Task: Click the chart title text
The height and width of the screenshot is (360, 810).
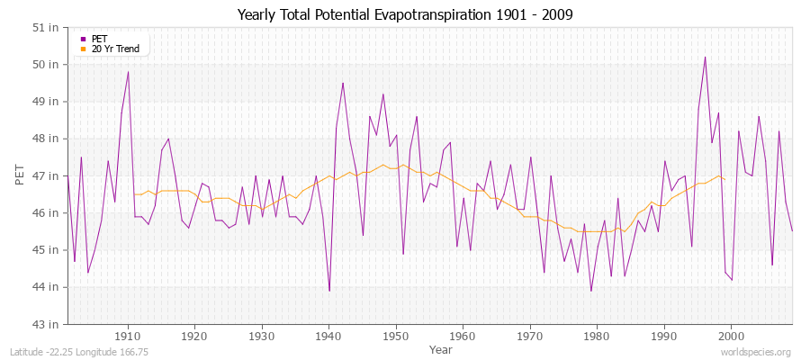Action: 405,14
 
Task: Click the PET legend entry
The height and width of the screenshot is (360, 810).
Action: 99,39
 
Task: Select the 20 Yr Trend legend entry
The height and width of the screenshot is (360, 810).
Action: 115,49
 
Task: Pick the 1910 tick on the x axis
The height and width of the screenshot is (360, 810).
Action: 128,336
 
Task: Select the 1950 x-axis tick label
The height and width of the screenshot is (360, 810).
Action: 396,336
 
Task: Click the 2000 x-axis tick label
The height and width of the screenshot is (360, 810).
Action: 731,336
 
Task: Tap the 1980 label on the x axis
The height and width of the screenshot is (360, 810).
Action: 597,336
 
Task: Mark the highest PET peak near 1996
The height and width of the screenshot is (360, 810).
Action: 705,57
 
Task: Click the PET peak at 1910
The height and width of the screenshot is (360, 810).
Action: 128,72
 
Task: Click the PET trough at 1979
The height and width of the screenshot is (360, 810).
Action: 590,291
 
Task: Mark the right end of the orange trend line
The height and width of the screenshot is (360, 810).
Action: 724,179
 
